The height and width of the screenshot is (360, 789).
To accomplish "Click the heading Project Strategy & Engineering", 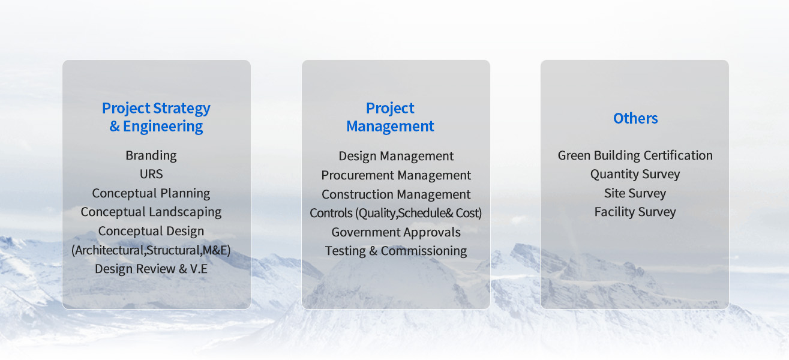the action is click(156, 117).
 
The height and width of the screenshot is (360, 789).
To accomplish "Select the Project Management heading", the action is click(390, 117).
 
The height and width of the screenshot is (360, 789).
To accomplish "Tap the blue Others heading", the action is click(635, 118).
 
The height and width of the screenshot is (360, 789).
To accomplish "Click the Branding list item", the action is click(151, 155).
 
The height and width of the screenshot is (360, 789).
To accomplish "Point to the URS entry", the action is click(151, 174).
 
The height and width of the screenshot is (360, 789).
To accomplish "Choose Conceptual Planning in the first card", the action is click(151, 193).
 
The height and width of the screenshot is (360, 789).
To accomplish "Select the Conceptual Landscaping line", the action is click(151, 212).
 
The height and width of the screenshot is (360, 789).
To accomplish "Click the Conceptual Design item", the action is click(151, 231).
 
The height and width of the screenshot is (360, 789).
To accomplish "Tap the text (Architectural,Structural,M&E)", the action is click(151, 250).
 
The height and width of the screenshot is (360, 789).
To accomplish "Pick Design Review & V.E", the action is click(151, 269).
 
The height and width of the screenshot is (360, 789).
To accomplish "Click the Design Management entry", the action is click(396, 156).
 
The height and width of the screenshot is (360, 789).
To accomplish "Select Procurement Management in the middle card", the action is click(396, 175).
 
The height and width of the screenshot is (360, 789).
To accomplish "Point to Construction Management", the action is click(396, 194).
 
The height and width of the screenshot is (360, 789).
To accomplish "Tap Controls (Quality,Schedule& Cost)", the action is click(396, 213).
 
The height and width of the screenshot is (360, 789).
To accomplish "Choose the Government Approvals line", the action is click(396, 232).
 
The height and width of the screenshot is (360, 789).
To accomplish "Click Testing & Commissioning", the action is click(396, 251).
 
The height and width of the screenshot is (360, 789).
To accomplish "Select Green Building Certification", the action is click(635, 155).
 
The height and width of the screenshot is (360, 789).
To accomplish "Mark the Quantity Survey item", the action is click(635, 174).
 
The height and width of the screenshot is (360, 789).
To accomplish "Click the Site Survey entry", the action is click(635, 193).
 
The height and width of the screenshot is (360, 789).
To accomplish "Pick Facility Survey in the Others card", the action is click(635, 212).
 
